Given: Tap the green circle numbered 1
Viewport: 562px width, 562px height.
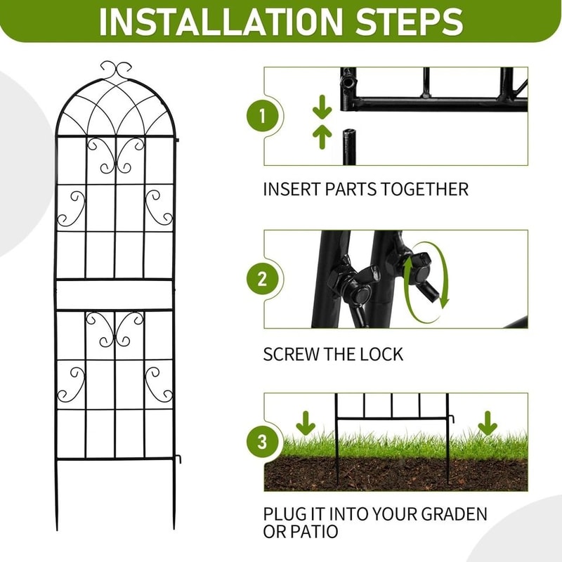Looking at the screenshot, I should pyautogui.click(x=262, y=117).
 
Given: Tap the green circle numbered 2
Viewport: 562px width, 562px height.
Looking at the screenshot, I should pyautogui.click(x=262, y=280).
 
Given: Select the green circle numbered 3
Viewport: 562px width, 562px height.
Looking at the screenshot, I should pyautogui.click(x=262, y=443).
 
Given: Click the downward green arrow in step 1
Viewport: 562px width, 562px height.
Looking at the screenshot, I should pyautogui.click(x=322, y=107).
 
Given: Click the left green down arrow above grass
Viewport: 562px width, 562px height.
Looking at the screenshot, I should pyautogui.click(x=306, y=424).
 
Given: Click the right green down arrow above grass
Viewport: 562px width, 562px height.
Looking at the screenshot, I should pyautogui.click(x=487, y=424).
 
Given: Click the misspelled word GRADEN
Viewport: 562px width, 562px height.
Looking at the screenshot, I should pyautogui.click(x=450, y=514).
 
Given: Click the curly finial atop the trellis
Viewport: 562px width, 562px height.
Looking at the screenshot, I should pyautogui.click(x=117, y=69).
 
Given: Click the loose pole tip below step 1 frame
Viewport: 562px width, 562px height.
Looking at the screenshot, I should pyautogui.click(x=349, y=144).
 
